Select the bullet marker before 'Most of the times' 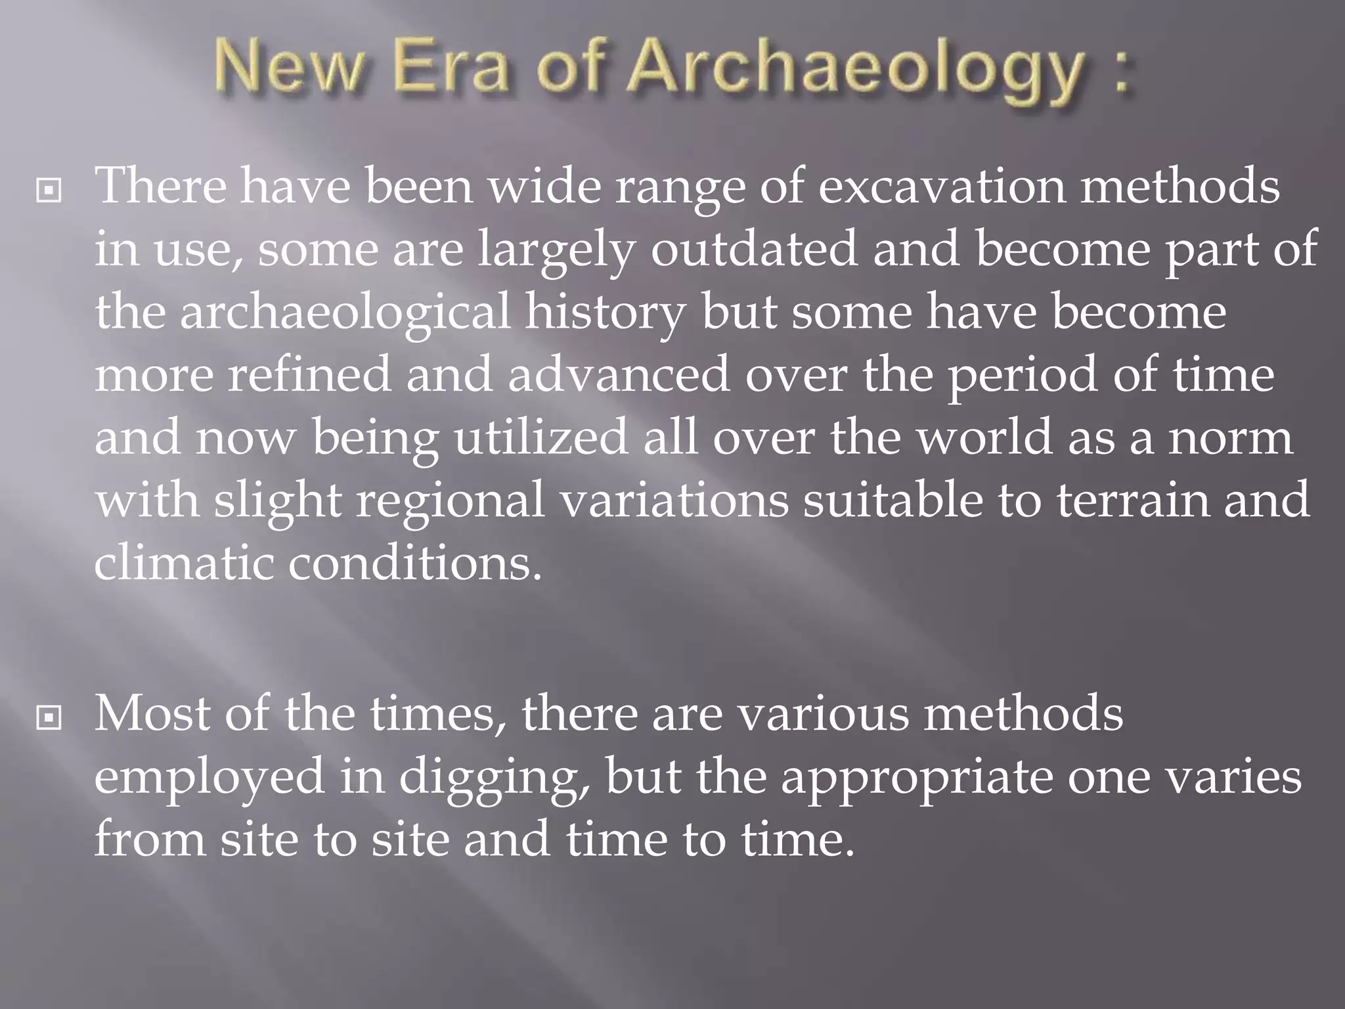49,719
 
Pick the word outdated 754,249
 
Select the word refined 309,374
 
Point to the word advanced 618,374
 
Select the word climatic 183,563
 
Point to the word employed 209,777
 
